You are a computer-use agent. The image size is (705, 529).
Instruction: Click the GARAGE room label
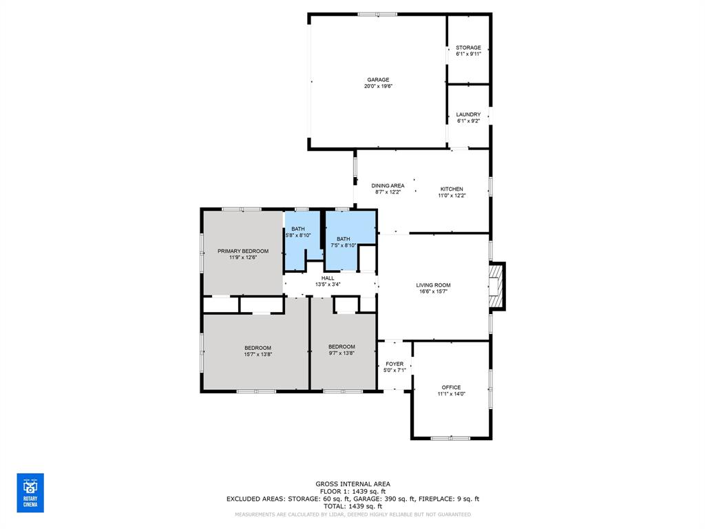[x=377, y=79]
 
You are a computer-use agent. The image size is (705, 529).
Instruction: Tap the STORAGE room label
[x=468, y=48]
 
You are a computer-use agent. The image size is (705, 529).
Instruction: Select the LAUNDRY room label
[x=468, y=114]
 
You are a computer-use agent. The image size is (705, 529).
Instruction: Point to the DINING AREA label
[x=388, y=185]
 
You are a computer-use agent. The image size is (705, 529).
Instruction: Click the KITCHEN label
[x=452, y=189]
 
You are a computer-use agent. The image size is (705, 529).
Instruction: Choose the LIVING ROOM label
[x=433, y=284]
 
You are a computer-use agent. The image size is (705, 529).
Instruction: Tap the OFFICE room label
[x=451, y=387]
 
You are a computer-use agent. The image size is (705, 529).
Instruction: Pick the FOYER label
[x=394, y=364]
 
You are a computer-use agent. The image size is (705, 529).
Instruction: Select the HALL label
[x=328, y=278]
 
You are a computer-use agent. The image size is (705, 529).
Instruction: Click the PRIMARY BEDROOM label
[x=243, y=251]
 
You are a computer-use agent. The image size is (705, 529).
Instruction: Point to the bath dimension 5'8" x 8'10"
[x=298, y=236]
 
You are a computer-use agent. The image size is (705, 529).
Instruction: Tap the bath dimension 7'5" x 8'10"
[x=343, y=245]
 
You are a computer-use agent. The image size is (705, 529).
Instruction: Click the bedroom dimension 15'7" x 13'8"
[x=257, y=354]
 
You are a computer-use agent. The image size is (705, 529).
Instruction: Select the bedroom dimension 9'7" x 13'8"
[x=341, y=354]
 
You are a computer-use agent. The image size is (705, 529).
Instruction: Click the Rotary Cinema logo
[x=30, y=492]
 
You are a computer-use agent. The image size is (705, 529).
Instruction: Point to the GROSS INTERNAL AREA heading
[x=352, y=484]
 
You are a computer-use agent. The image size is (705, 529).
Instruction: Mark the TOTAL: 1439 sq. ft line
[x=352, y=506]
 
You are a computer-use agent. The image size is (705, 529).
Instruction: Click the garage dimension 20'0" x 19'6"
[x=377, y=86]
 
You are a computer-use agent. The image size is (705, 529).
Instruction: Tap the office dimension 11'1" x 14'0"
[x=451, y=394]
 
